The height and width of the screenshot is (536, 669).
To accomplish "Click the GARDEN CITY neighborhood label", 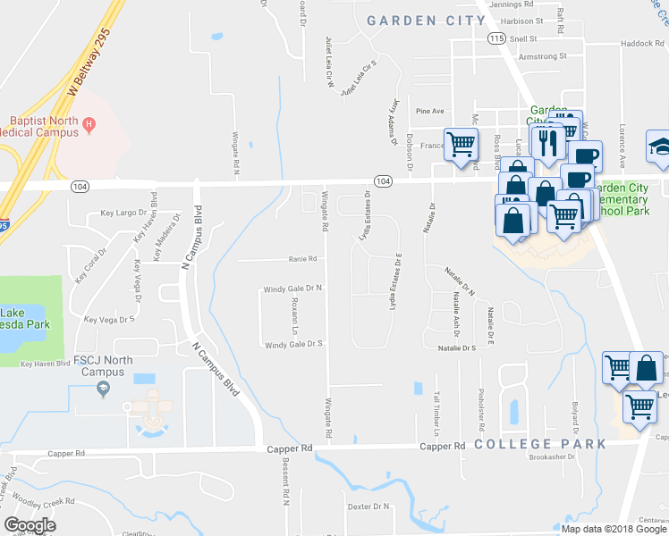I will (x=414, y=20).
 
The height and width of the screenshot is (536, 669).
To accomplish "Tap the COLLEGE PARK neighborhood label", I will (x=539, y=444).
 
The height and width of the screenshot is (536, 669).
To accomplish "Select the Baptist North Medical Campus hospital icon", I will (x=89, y=129).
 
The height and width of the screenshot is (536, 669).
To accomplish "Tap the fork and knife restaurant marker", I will (x=546, y=141).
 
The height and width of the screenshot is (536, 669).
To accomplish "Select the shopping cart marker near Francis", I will (x=461, y=143).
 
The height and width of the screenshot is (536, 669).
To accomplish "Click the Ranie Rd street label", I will (x=302, y=259).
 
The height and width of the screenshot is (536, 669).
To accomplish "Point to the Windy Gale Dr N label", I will (x=292, y=289).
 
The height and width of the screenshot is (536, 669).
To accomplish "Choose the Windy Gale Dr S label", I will (x=292, y=344).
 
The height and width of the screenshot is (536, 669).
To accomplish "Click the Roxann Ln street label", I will (x=294, y=313).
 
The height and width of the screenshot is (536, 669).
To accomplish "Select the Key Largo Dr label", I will (x=123, y=213).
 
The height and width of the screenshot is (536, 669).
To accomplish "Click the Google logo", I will (x=30, y=525).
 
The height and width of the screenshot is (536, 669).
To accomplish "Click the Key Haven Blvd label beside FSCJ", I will (x=45, y=364).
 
